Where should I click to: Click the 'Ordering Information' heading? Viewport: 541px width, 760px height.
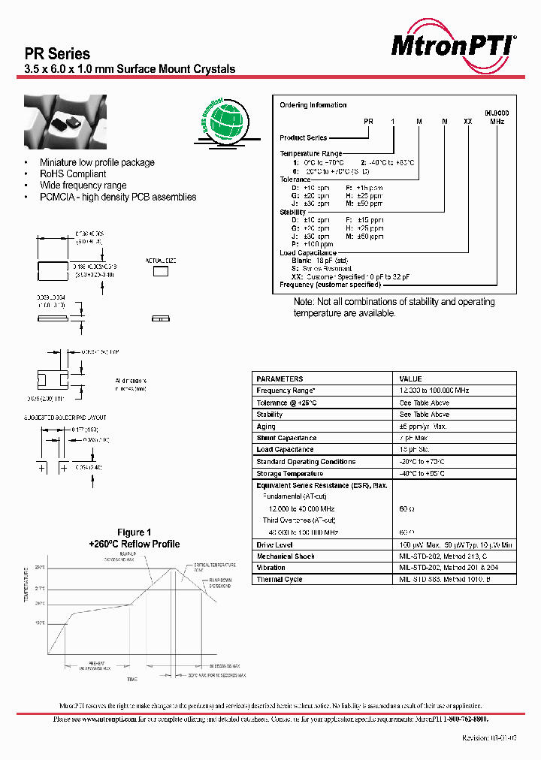point(313,105)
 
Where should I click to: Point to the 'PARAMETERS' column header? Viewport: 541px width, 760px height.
point(280,379)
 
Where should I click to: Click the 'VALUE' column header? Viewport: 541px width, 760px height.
point(410,379)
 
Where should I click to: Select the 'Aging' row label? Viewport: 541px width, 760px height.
point(266,427)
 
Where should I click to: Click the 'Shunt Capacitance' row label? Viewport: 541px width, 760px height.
point(286,438)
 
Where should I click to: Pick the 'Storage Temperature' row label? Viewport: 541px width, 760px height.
point(289,474)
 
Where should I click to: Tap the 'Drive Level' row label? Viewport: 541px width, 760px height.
point(274,544)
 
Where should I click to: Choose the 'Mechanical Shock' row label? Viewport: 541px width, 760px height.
point(285,556)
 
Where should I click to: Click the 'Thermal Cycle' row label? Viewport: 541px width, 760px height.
point(280,580)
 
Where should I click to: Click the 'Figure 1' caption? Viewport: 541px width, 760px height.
point(134,533)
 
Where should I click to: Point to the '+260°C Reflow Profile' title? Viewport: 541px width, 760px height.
point(134,544)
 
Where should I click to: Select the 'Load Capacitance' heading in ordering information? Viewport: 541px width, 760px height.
point(307,253)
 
